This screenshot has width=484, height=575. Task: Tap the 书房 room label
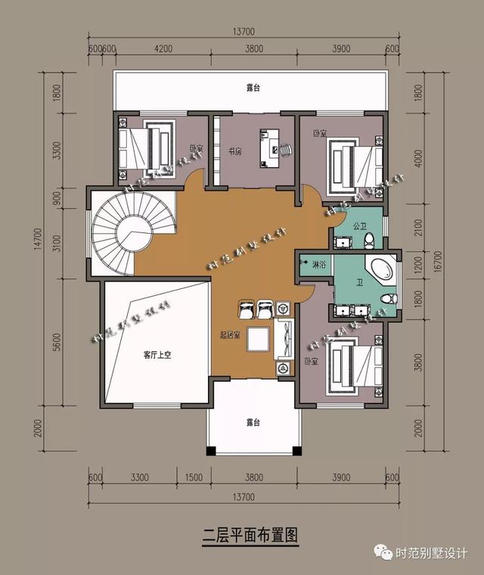234,151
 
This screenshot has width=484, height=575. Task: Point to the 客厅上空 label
157,354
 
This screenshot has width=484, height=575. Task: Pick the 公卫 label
360,225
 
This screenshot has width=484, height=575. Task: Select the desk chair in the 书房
286,150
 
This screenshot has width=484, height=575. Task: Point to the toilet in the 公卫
369,240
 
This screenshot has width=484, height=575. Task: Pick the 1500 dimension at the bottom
194,477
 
